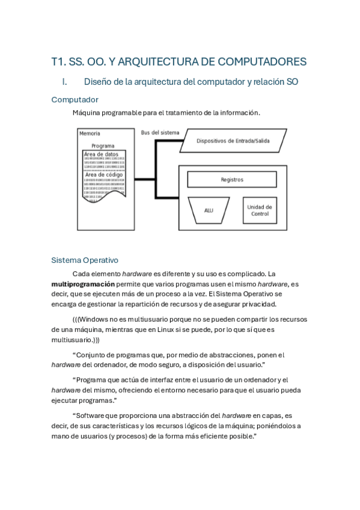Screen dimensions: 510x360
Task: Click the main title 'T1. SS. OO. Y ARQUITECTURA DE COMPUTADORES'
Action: click(179, 62)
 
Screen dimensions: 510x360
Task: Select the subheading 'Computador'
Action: click(75, 99)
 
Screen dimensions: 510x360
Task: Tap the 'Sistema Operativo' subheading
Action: click(85, 260)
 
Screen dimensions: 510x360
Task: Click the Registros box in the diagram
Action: click(232, 179)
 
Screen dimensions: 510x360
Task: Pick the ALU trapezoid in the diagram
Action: click(209, 210)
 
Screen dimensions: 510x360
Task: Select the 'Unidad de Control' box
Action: click(260, 210)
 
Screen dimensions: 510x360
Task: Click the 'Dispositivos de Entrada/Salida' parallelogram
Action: click(233, 141)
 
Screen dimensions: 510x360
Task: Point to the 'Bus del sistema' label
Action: click(160, 132)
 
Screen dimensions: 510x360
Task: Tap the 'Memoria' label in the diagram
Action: click(90, 134)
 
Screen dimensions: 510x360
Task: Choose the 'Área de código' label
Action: click(103, 175)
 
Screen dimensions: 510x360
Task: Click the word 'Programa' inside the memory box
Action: click(103, 146)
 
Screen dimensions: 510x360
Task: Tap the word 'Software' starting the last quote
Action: click(93, 415)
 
